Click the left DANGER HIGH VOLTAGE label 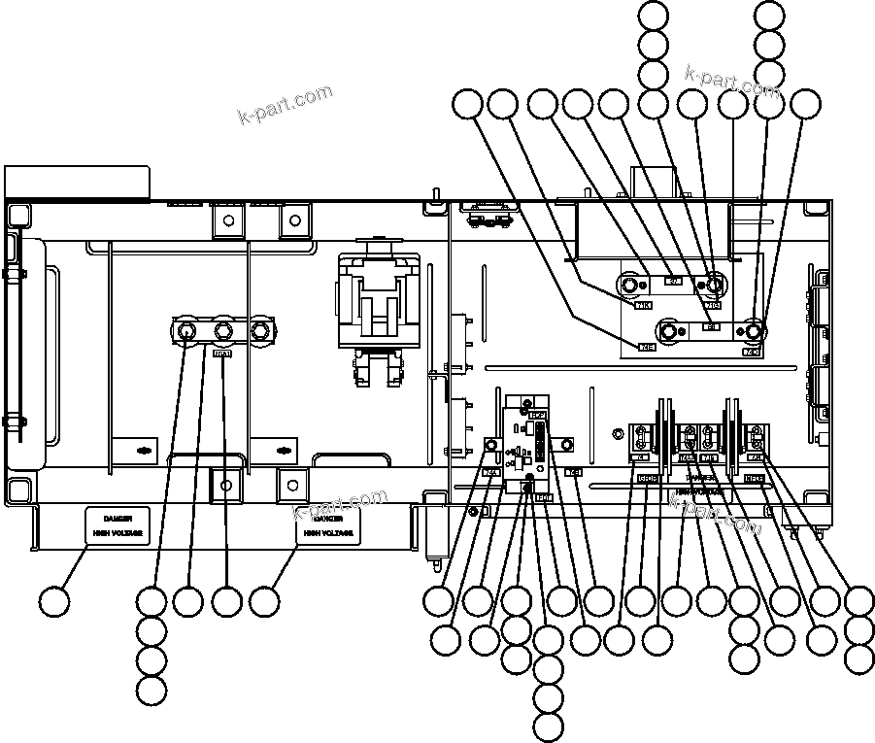118,524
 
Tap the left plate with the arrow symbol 144,451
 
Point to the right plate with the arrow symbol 282,451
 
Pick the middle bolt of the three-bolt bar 223,332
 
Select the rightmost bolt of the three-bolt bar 259,332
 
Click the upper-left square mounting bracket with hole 226,221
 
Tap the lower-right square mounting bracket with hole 291,484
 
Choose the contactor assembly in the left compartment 378,316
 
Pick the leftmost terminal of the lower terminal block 642,435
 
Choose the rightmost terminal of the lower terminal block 755,435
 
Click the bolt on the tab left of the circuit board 491,446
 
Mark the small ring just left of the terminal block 615,435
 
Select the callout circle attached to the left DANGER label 56,601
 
